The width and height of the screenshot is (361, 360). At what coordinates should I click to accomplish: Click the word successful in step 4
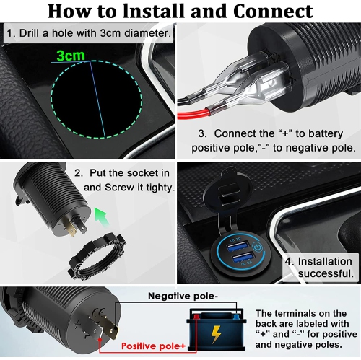326,275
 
